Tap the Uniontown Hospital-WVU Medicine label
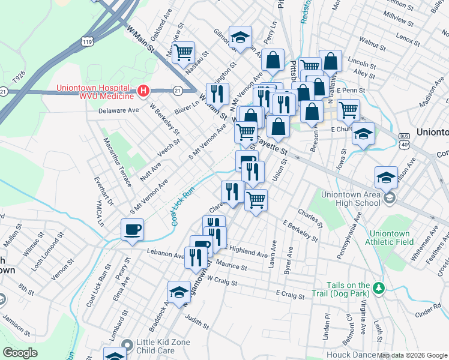tap(95, 92)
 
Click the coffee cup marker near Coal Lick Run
tap(132, 229)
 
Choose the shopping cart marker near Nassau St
tap(183, 52)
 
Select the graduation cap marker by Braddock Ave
tap(179, 292)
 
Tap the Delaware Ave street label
tap(118, 110)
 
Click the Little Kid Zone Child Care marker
tap(126, 344)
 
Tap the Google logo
tap(20, 352)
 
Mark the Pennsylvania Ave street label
tap(349, 238)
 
